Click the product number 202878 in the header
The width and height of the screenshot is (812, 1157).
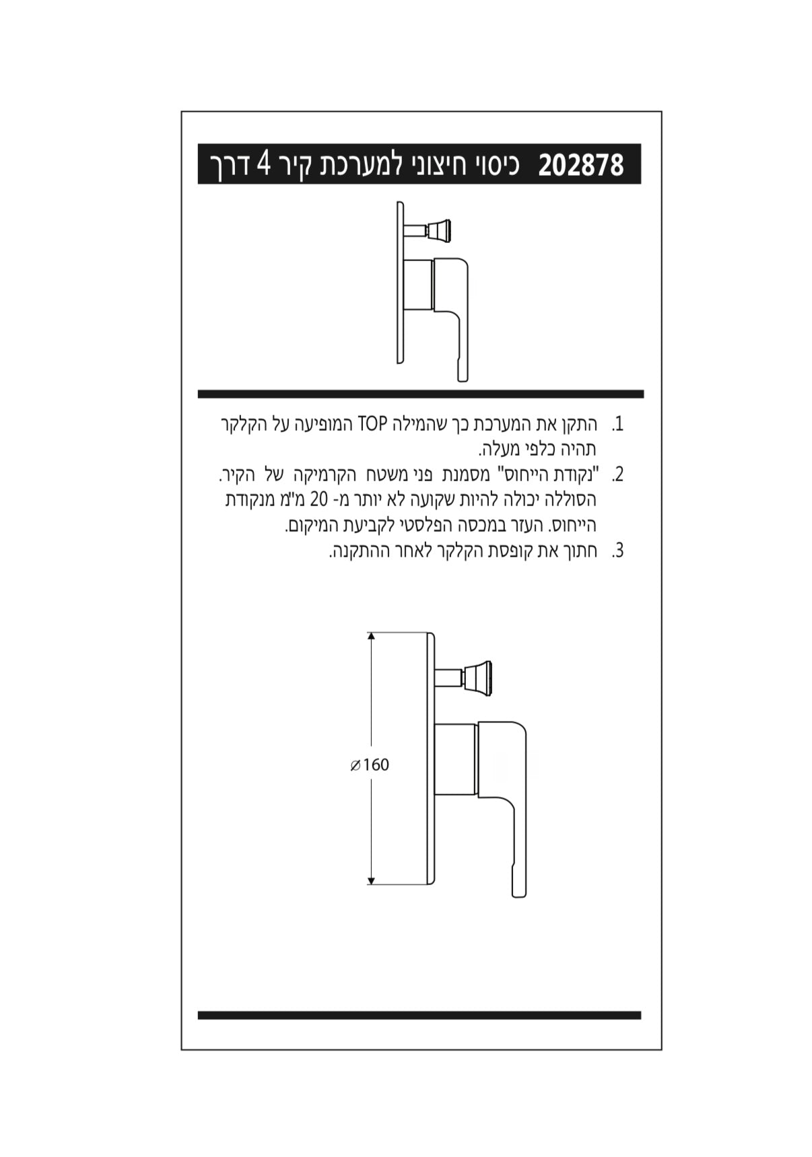(580, 165)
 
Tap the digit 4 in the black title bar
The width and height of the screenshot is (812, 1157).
(265, 164)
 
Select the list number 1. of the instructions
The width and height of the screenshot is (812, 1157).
(617, 425)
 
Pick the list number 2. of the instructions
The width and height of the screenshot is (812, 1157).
(617, 475)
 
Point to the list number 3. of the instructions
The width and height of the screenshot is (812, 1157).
(617, 551)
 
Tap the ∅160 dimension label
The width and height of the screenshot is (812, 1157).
(370, 765)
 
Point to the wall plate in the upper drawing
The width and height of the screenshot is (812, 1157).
(400, 283)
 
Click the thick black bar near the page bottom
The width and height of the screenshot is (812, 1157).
(419, 1015)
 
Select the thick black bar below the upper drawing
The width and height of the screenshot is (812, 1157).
(420, 394)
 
